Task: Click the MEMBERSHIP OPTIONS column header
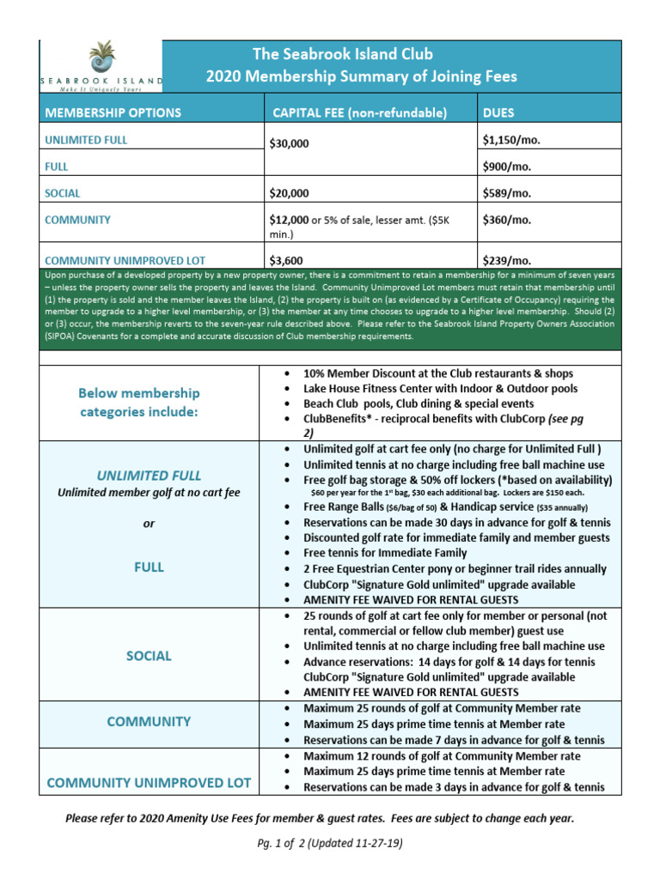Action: pyautogui.click(x=113, y=112)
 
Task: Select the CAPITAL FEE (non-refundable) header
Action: pyautogui.click(x=359, y=112)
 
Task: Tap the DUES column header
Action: pyautogui.click(x=498, y=112)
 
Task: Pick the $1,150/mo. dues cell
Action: pyautogui.click(x=514, y=137)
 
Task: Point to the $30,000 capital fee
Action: pyautogui.click(x=289, y=144)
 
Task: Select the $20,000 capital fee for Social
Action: pyautogui.click(x=289, y=194)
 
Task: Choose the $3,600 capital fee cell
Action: pyautogui.click(x=285, y=260)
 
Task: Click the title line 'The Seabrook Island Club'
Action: pyautogui.click(x=362, y=54)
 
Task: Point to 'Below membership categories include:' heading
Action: pyautogui.click(x=138, y=403)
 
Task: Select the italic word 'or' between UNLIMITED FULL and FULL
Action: pyautogui.click(x=149, y=524)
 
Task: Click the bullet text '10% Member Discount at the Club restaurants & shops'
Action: pyautogui.click(x=437, y=374)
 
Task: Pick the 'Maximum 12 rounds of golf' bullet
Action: pyautogui.click(x=441, y=756)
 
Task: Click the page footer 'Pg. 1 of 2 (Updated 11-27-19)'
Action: pyautogui.click(x=330, y=843)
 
